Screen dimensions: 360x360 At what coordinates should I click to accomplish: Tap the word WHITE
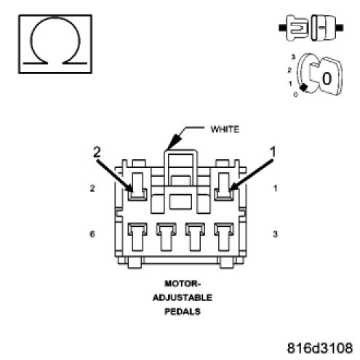click(x=225, y=129)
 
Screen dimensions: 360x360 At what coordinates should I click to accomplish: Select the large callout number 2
click(x=97, y=153)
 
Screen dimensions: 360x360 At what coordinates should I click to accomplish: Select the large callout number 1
click(x=273, y=152)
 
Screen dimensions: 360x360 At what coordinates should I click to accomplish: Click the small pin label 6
click(x=92, y=234)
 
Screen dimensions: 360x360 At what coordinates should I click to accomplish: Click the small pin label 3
click(x=275, y=234)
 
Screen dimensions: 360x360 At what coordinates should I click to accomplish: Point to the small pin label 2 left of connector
click(x=92, y=188)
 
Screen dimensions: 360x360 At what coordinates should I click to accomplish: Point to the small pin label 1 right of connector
click(x=275, y=188)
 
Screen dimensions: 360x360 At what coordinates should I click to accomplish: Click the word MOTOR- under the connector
click(x=183, y=284)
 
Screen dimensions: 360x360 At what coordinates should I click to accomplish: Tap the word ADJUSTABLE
click(x=183, y=297)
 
